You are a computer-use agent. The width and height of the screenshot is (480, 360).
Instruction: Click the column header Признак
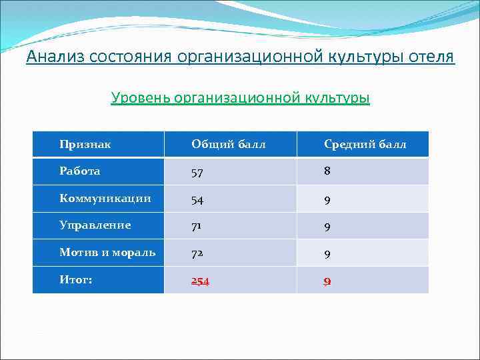pyautogui.click(x=85, y=144)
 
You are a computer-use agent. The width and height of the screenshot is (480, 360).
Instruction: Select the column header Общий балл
pyautogui.click(x=228, y=144)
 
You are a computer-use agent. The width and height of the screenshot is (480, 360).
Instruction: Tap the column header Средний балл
pyautogui.click(x=365, y=144)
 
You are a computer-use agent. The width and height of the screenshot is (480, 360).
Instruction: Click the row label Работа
pyautogui.click(x=79, y=171)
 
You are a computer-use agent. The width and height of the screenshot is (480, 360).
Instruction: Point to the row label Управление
pyautogui.click(x=95, y=225)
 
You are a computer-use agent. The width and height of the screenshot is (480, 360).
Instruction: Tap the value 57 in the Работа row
pyautogui.click(x=198, y=172)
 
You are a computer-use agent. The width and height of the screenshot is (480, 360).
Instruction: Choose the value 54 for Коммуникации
pyautogui.click(x=198, y=199)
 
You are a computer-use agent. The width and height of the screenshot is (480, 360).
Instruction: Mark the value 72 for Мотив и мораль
pyautogui.click(x=198, y=254)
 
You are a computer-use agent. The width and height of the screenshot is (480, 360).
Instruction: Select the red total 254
pyautogui.click(x=200, y=281)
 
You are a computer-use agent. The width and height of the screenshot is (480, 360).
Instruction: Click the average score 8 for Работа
pyautogui.click(x=327, y=171)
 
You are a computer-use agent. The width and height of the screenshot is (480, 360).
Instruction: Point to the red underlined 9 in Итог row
pyautogui.click(x=327, y=281)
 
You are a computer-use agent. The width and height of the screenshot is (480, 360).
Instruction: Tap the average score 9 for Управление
pyautogui.click(x=327, y=227)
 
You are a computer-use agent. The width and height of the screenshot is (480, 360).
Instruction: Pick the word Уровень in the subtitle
pyautogui.click(x=139, y=98)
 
